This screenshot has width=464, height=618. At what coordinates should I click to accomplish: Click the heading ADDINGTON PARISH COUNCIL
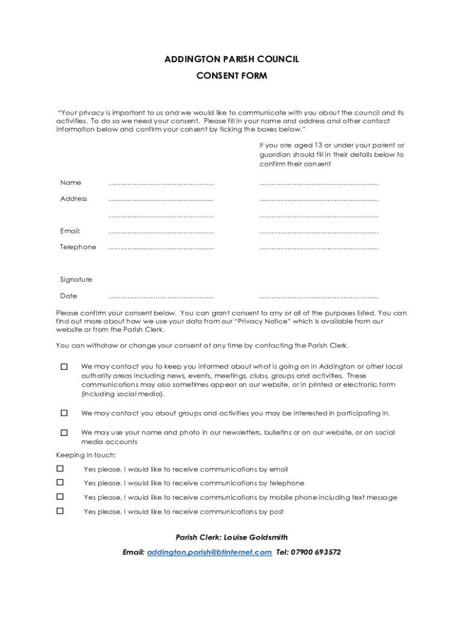232,59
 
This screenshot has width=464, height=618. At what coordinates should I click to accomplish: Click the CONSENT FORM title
232,76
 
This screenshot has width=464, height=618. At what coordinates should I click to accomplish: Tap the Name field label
71,183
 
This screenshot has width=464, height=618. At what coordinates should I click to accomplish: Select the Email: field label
71,231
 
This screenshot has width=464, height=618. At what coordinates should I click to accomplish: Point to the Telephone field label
78,247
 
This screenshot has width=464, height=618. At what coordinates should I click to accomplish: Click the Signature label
76,279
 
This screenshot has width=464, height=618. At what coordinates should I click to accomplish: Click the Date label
69,296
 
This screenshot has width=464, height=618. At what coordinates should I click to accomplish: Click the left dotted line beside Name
161,184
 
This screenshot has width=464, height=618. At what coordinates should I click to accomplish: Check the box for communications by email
60,469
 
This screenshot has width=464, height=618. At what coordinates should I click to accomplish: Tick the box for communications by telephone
60,483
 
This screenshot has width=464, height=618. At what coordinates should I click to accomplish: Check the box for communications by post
60,511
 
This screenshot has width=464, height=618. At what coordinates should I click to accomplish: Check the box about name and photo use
64,433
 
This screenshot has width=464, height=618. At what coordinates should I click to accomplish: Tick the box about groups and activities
64,413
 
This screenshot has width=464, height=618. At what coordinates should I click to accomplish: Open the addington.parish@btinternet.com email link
209,552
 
